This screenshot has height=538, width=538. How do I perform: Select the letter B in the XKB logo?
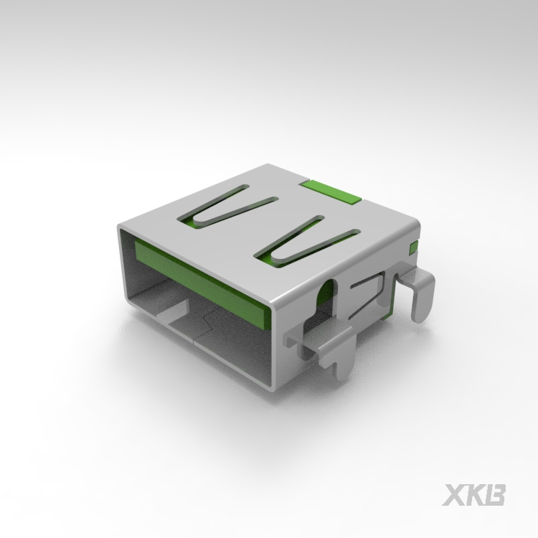(496, 496)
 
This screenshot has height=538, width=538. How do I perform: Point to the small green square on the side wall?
(413, 249)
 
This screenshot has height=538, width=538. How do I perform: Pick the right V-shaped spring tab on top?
(305, 240)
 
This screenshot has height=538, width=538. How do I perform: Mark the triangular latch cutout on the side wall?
(369, 294)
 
